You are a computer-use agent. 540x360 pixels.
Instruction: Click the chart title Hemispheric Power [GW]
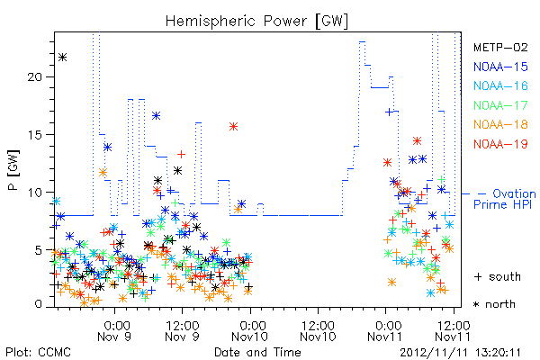click(256, 22)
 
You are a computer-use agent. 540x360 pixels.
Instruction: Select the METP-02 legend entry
click(500, 48)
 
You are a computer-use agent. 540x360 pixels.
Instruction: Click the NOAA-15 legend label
click(500, 67)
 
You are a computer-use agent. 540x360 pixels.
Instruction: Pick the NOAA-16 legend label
click(500, 85)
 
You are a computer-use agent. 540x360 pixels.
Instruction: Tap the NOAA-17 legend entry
click(500, 105)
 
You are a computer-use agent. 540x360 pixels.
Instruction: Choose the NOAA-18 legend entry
click(500, 124)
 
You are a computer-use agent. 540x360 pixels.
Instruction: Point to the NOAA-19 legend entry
click(500, 144)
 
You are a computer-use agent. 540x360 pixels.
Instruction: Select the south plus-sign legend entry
click(498, 276)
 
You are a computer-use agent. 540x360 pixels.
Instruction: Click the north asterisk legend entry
click(494, 304)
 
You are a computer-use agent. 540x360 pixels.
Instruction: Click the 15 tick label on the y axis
click(35, 135)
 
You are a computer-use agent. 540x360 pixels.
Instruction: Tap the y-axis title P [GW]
click(13, 169)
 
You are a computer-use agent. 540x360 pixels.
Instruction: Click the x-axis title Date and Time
click(257, 352)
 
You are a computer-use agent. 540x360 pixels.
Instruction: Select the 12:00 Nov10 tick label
click(318, 331)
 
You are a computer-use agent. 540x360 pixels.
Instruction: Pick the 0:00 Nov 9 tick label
click(114, 331)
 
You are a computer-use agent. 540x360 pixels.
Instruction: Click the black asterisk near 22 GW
click(62, 58)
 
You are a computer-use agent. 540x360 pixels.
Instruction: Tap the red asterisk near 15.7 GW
click(233, 127)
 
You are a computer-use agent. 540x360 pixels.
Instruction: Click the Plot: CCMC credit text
click(38, 353)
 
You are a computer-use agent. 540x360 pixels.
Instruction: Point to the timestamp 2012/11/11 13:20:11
click(460, 353)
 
